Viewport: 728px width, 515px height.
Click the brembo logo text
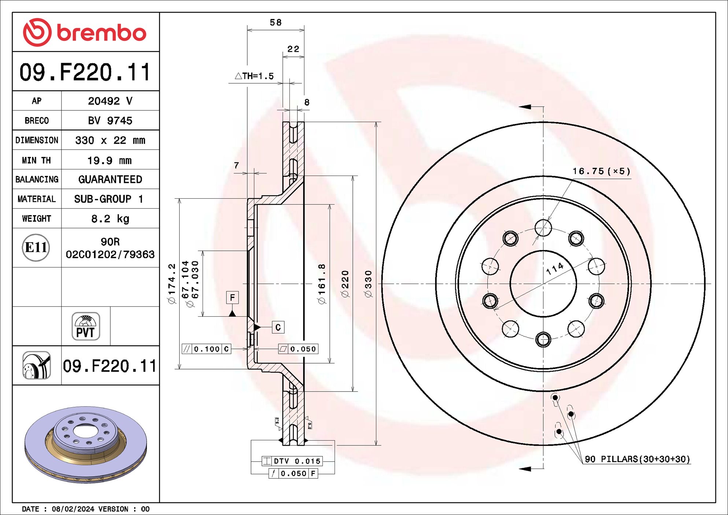tap(101, 33)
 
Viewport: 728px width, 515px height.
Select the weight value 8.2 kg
tap(110, 219)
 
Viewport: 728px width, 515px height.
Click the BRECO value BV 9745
tap(110, 121)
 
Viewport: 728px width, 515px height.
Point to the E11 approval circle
tap(36, 247)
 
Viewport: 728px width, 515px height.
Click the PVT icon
tap(86, 326)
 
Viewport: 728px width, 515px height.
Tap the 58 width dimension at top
tap(276, 23)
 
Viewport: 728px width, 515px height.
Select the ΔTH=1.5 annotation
tap(254, 76)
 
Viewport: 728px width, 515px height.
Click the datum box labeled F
tap(232, 297)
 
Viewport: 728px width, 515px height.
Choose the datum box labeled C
tap(278, 327)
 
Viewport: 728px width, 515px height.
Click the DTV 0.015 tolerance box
tap(292, 461)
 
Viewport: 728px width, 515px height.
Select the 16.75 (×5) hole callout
tap(601, 171)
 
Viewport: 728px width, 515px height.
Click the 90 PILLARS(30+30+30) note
tap(637, 459)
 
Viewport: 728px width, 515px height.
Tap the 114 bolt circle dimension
tap(555, 268)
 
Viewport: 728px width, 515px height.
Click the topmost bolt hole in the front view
tap(543, 228)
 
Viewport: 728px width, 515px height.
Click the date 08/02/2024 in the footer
tap(73, 509)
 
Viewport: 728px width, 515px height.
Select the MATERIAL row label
tap(37, 199)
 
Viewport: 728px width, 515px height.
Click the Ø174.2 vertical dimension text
tap(172, 283)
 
